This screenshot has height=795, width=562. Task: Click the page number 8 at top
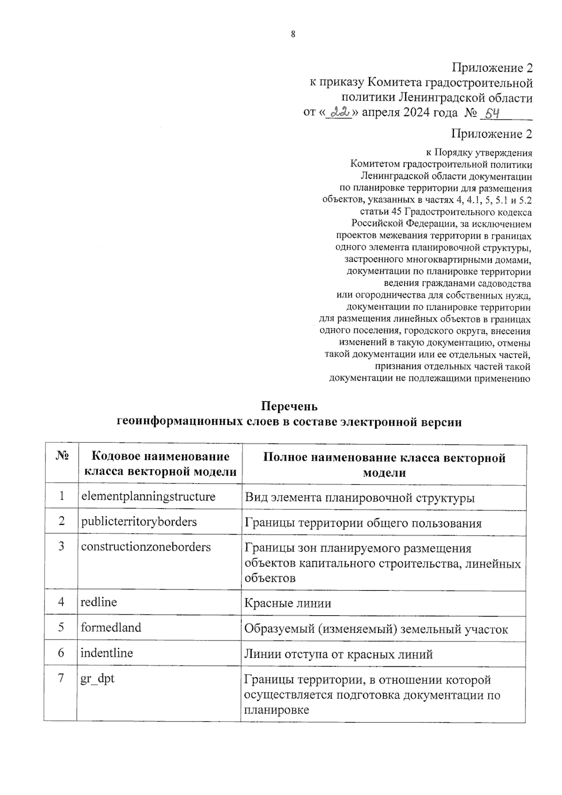point(293,34)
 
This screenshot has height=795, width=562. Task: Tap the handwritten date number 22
point(340,113)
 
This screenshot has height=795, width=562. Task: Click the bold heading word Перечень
point(289,406)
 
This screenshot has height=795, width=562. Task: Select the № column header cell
point(62,456)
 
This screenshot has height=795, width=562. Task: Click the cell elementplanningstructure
point(148,496)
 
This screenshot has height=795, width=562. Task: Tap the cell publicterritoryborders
point(139,522)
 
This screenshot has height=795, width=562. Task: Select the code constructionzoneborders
point(146,547)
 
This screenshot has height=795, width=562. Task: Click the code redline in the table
point(99,602)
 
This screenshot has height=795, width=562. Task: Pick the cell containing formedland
point(111,627)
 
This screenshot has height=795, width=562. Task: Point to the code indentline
point(107,653)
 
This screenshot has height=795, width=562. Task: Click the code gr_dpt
point(97,678)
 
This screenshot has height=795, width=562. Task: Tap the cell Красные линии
point(288,604)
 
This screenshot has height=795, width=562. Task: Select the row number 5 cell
point(61,627)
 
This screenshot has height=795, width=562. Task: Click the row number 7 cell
point(61,678)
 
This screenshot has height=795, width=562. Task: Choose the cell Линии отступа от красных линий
point(338,654)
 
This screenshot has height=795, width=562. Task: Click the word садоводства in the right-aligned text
point(503,284)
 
